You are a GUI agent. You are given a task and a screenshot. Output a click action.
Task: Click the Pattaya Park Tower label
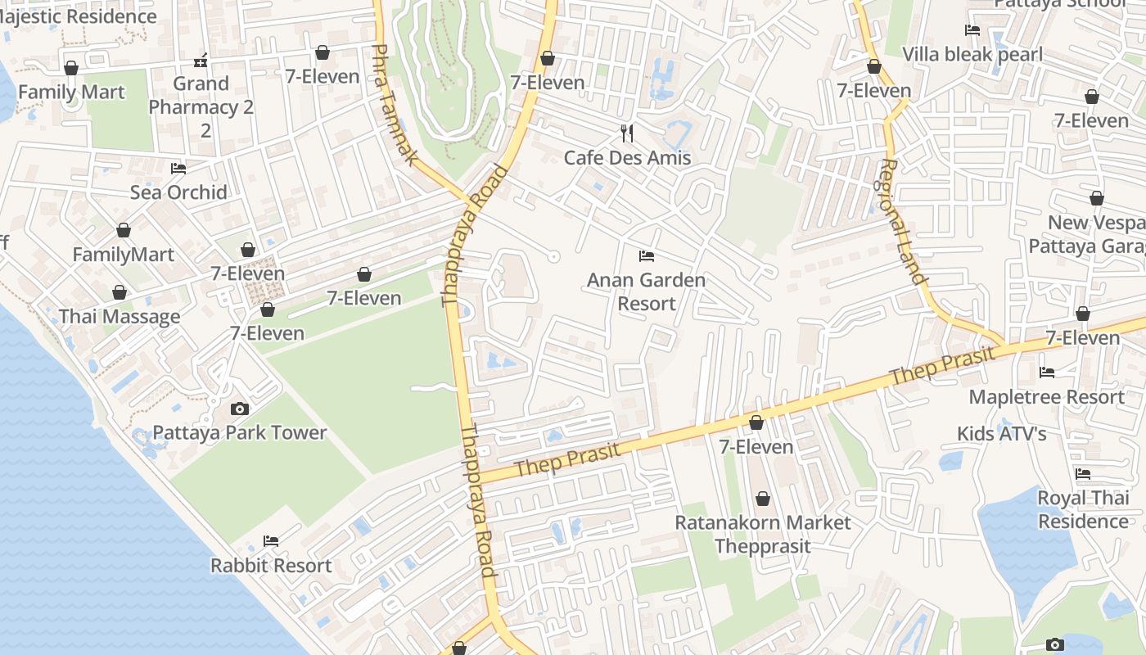pos(240,432)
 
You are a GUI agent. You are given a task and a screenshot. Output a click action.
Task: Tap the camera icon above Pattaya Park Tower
pos(240,409)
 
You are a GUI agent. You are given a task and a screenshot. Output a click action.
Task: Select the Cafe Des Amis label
pos(627,157)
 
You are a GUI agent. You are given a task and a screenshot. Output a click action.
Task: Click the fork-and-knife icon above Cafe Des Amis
pos(627,133)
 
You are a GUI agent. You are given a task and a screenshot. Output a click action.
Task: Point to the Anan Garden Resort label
pos(646,291)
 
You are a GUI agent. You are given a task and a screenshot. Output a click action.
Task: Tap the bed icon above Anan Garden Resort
pos(646,255)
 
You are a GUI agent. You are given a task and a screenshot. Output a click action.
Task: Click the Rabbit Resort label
pos(271,565)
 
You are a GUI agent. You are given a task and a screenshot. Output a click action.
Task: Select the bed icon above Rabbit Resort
pos(271,540)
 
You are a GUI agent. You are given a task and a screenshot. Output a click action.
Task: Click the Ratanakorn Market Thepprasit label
pos(762,534)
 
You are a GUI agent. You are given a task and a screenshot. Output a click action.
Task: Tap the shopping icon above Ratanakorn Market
pos(762,499)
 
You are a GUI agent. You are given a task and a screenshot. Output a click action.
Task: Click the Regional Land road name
pos(903,221)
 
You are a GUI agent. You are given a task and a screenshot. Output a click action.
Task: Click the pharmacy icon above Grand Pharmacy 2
pos(201,61)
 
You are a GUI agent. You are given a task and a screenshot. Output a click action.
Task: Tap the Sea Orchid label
pos(178,192)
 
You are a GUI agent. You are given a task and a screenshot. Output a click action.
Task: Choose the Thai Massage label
pos(120,317)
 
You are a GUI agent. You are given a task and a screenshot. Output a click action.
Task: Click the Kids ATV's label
pos(1001,433)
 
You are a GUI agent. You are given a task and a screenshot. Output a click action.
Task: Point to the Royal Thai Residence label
pos(1083,509)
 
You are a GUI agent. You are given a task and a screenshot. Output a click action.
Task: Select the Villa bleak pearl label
pos(972,54)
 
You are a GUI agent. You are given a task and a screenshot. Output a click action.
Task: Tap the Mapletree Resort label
pos(1046,397)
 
